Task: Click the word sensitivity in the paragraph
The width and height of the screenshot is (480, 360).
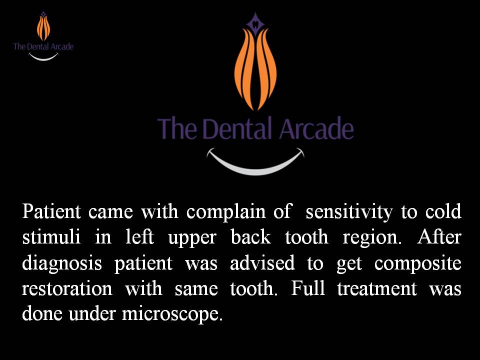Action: coord(349,212)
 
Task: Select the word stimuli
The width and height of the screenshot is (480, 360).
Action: coord(51,236)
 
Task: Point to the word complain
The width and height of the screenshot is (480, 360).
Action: coord(226,212)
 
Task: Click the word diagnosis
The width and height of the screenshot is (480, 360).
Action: coord(62,263)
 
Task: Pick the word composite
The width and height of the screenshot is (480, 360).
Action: coord(417,263)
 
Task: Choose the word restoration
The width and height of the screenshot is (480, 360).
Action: coord(67,288)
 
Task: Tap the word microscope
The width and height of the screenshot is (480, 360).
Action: coord(172,314)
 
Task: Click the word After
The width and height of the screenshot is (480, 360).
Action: coord(439,236)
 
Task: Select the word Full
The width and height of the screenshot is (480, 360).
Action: coord(307,288)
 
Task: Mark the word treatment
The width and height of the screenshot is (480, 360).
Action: coord(377,288)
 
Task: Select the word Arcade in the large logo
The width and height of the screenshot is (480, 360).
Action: coord(316,128)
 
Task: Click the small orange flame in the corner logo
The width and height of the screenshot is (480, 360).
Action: coord(43,28)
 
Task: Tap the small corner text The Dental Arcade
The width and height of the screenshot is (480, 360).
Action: coord(43,46)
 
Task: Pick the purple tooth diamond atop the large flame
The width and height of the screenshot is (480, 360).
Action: coord(255,21)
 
